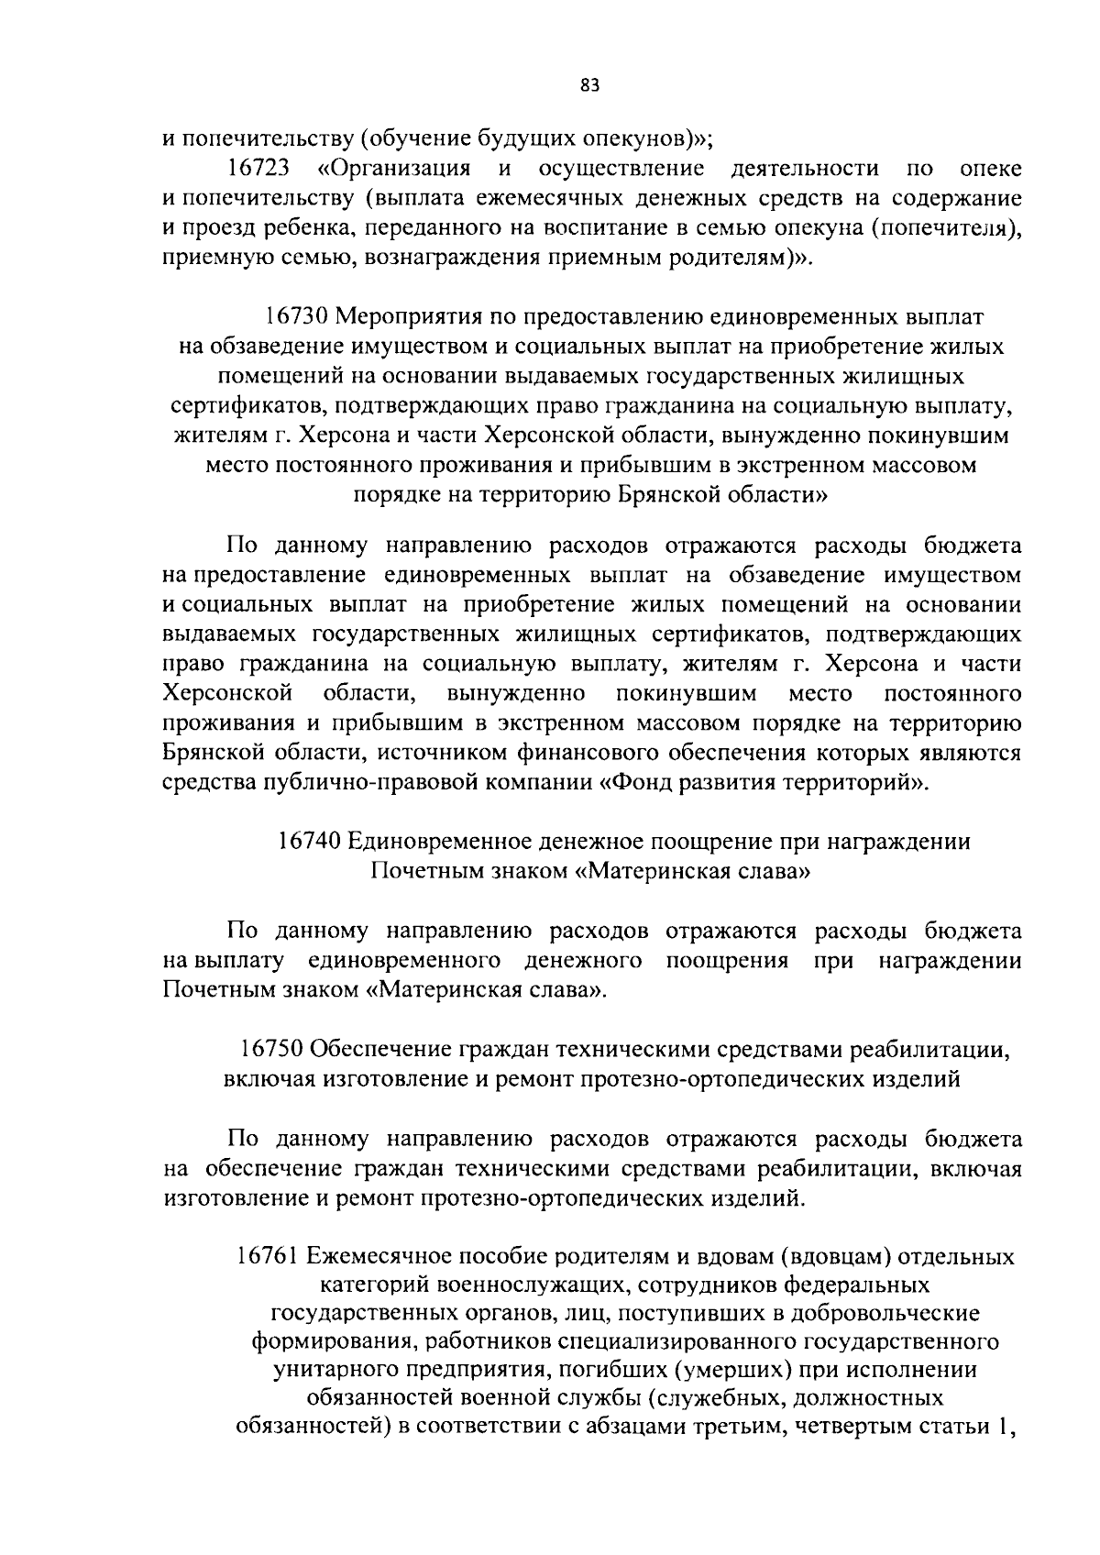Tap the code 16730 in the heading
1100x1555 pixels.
tap(297, 316)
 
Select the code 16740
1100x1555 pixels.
tap(310, 841)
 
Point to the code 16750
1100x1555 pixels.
tap(272, 1049)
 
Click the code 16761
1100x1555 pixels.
tap(268, 1256)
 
